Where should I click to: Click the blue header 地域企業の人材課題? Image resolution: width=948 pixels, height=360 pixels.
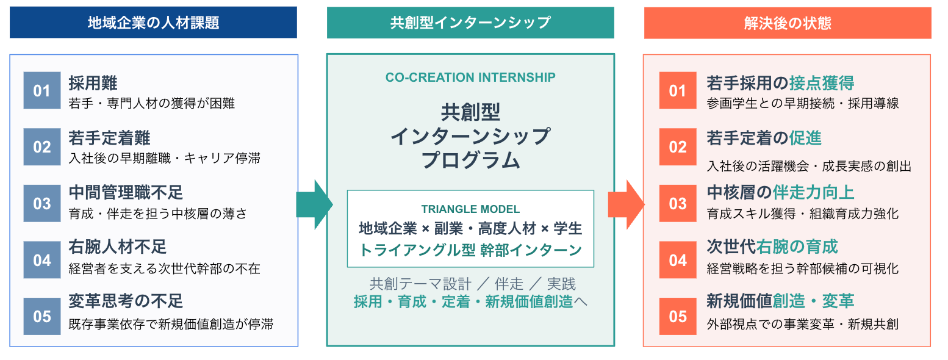tap(153, 23)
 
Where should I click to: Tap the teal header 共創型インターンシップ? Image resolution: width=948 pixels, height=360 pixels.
tap(470, 23)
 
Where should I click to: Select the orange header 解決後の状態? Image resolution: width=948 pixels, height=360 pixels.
tap(788, 23)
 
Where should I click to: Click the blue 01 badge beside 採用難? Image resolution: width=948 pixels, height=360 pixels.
tap(42, 91)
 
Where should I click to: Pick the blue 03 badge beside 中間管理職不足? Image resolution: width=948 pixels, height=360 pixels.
tap(42, 203)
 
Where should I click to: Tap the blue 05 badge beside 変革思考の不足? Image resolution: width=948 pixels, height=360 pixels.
tap(42, 317)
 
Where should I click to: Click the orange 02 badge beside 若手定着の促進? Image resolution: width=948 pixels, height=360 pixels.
tap(678, 147)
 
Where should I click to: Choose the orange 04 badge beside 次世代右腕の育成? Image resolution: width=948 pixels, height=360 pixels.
tap(678, 260)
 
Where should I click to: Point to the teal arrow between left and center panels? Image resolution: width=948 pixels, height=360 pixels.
tap(315, 204)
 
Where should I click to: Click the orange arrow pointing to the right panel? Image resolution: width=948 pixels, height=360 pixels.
tap(627, 204)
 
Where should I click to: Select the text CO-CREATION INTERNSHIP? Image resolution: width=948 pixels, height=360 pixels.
tap(470, 77)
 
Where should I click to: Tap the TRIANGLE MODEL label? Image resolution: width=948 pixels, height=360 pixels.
tap(470, 209)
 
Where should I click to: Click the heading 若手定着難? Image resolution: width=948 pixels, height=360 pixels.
tap(110, 138)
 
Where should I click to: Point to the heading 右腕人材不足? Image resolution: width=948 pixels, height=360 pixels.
tap(118, 247)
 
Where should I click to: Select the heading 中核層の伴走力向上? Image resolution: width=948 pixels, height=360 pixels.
tap(780, 192)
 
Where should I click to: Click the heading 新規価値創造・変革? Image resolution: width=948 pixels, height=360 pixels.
tap(780, 301)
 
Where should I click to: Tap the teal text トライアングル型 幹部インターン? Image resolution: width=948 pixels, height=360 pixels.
tap(470, 250)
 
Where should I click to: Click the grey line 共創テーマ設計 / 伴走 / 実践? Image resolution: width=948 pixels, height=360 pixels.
tap(472, 284)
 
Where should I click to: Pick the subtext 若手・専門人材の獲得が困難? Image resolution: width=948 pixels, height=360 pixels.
tap(151, 103)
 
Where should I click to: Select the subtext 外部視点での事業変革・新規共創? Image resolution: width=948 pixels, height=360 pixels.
tap(802, 324)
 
